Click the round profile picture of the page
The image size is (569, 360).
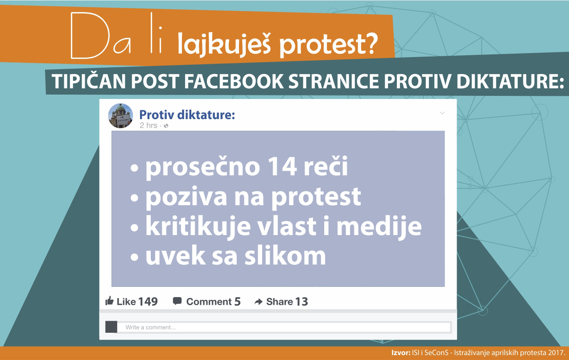(120, 116)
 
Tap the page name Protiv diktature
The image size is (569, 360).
(187, 115)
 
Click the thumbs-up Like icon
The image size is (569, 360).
(110, 301)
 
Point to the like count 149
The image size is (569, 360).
(148, 302)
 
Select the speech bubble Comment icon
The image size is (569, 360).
(177, 301)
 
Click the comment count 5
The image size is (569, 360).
(237, 302)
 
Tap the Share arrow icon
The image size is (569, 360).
(258, 302)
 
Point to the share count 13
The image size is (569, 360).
(301, 302)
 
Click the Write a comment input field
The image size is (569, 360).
(284, 327)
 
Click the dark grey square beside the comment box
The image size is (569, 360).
(111, 327)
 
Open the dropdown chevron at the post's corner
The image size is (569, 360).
(442, 113)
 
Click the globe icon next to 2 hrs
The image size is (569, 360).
(166, 125)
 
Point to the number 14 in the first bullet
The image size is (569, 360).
(282, 166)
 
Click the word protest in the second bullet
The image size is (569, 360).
(316, 198)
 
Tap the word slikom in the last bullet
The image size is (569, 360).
(285, 255)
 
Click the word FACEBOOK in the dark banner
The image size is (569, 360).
(234, 82)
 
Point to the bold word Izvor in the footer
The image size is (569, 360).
(401, 352)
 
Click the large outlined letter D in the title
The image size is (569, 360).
(90, 35)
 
